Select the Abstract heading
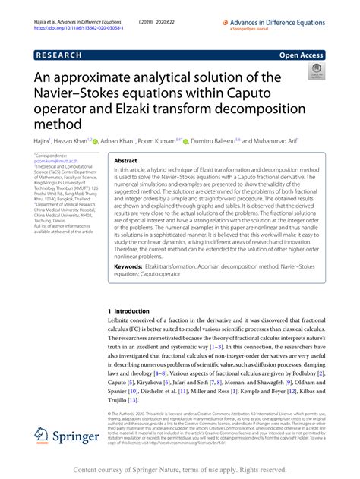(x=125, y=162)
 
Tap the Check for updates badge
(x=316, y=72)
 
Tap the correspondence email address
(x=60, y=162)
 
